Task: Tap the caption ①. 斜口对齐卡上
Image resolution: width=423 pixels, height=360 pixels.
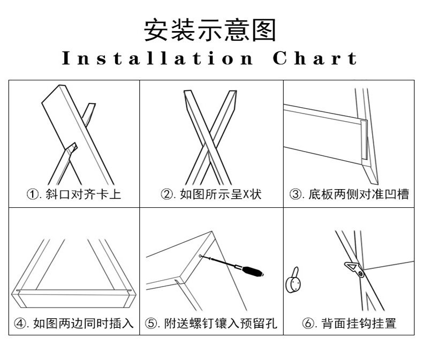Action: point(74,194)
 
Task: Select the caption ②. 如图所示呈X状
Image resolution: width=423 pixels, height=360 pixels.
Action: point(211,194)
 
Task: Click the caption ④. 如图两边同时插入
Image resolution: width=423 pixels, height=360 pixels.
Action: point(74,323)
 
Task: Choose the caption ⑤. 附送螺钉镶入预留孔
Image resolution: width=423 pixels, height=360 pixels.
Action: point(211,323)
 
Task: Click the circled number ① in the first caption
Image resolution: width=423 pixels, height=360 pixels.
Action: point(33,194)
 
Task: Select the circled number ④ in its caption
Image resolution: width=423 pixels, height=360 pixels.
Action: point(19,323)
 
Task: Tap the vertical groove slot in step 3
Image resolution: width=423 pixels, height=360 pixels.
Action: point(364,139)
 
